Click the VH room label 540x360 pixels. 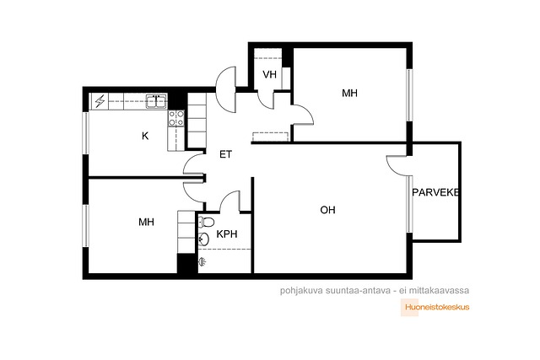click(269, 74)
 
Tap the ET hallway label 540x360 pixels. click(225, 154)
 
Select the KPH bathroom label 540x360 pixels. click(227, 234)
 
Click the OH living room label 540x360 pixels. click(327, 210)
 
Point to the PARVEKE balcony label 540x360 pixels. click(435, 192)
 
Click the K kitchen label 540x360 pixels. click(145, 136)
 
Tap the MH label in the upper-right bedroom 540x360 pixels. click(349, 93)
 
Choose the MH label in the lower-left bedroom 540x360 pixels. click(146, 222)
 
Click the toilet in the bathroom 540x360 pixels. click(206, 222)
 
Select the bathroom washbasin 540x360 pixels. click(203, 238)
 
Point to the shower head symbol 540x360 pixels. click(202, 262)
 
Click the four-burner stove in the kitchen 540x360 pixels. click(176, 118)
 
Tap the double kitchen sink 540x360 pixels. click(156, 101)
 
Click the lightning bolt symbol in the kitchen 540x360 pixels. click(100, 101)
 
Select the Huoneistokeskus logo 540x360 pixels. click(435, 307)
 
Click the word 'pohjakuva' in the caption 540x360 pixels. click(301, 291)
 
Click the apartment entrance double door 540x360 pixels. click(226, 89)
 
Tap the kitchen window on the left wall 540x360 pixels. click(86, 133)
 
